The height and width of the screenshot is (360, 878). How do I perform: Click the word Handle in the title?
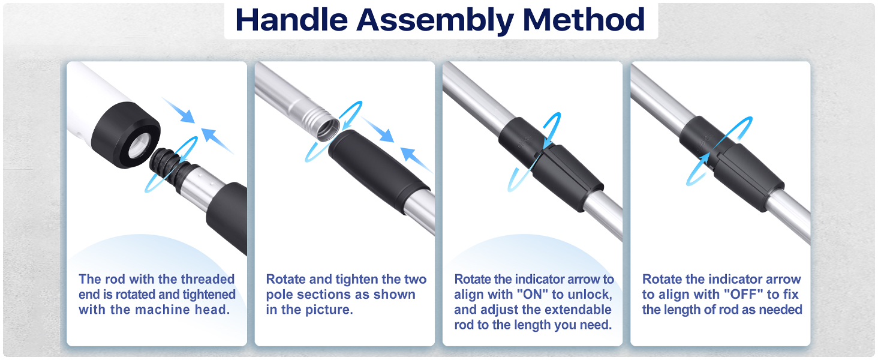pyautogui.click(x=291, y=20)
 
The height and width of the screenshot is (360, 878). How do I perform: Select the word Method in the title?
pyautogui.click(x=584, y=20)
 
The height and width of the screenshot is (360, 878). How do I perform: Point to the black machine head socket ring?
pyautogui.click(x=126, y=134)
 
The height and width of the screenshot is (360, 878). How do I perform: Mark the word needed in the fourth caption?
pyautogui.click(x=780, y=310)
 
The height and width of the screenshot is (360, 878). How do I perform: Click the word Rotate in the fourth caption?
pyautogui.click(x=662, y=279)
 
